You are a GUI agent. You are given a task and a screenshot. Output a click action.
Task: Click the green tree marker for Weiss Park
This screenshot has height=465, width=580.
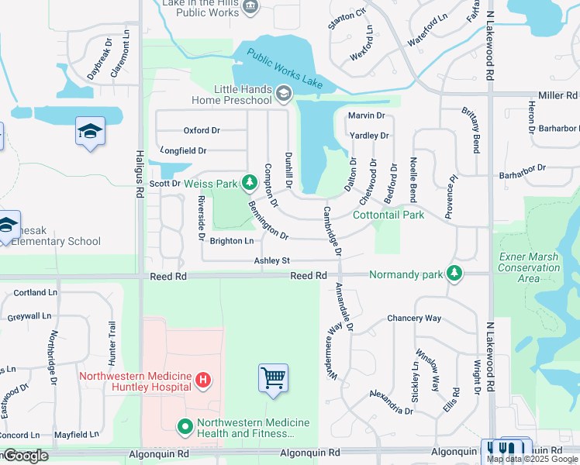coord(249,183)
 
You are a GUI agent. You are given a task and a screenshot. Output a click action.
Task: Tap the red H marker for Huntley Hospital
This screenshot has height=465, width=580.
coord(202,380)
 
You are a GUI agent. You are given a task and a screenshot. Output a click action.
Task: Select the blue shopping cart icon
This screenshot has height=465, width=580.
coord(273,378)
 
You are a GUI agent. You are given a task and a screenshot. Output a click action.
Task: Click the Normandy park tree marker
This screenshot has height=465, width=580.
coord(454,274)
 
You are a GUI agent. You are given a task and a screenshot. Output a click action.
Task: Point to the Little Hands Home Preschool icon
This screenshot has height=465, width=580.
coord(284,95)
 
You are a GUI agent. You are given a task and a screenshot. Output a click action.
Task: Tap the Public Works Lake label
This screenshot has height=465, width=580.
coord(285,67)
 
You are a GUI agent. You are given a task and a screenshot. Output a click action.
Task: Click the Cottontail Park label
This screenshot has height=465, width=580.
coord(388,215)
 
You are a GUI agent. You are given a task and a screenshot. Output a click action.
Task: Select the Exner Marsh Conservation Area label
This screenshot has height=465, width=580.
coord(529,267)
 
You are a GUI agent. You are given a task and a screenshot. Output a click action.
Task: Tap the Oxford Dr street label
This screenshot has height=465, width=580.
coord(202,130)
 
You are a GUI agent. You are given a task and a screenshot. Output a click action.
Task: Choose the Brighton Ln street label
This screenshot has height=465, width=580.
coord(232,241)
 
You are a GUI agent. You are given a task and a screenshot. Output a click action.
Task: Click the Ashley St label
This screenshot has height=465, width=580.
coord(271,261)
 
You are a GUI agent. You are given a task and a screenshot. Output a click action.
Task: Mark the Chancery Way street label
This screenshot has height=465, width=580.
coord(414,318)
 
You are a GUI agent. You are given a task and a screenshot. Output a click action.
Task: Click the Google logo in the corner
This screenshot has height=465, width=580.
coord(25,456)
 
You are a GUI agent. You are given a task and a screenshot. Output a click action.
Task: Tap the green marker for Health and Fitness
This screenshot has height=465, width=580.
coord(185,427)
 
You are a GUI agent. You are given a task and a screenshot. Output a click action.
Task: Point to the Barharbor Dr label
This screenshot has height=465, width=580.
coord(523,169)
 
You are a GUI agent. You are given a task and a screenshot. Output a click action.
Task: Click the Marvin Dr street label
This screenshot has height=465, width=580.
coord(366,115)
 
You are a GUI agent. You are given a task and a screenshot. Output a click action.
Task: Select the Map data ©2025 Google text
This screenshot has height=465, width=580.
coord(532,459)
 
